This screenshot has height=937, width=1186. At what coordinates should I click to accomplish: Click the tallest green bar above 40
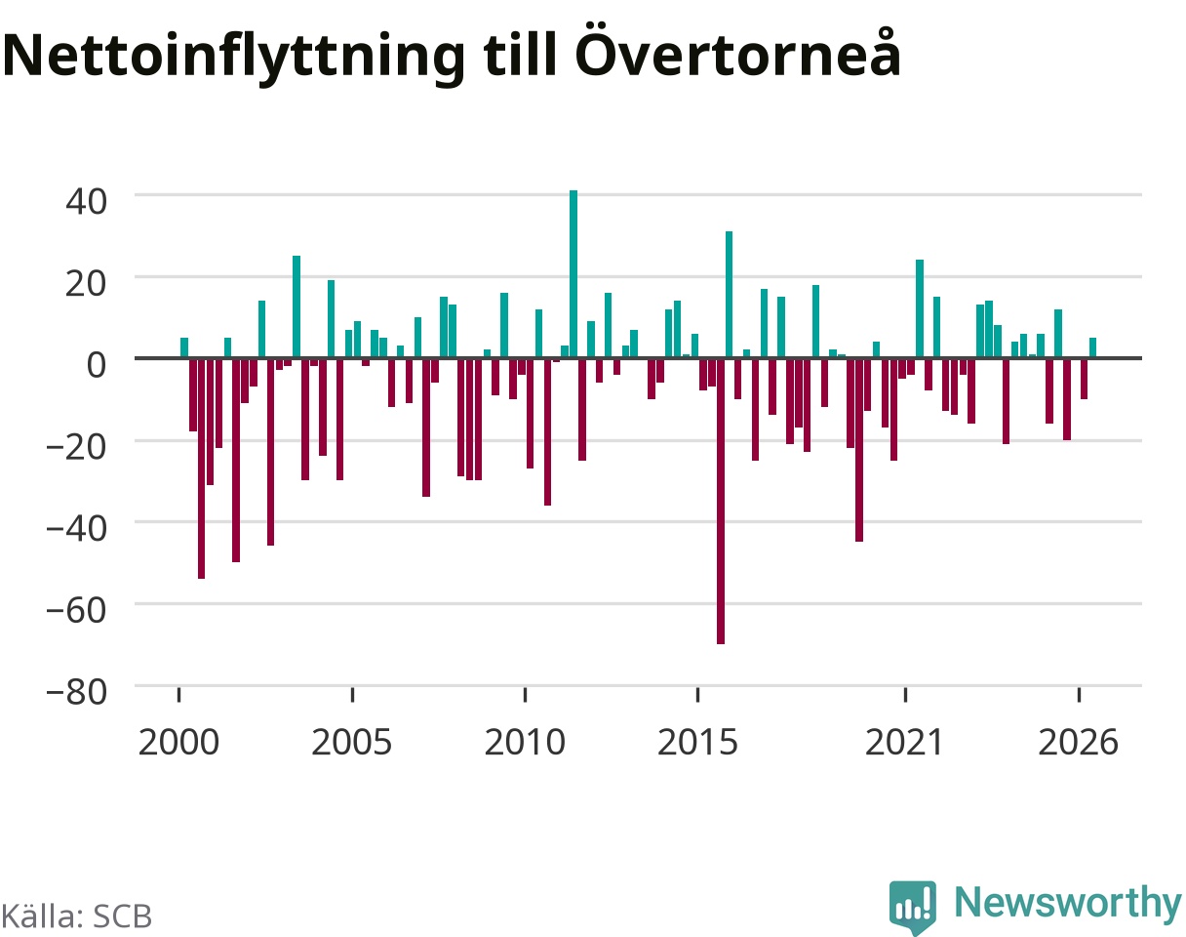[573, 274]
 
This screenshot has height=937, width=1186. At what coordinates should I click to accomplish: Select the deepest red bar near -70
[721, 501]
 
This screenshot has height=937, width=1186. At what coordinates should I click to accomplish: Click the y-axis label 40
[86, 202]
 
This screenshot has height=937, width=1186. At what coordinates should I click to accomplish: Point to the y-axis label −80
[76, 693]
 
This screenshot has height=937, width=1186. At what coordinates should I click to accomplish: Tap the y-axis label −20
[76, 447]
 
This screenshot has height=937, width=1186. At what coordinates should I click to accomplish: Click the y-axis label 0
[97, 365]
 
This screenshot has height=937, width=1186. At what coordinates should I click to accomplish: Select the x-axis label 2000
[178, 743]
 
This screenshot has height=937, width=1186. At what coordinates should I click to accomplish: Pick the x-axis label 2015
[697, 743]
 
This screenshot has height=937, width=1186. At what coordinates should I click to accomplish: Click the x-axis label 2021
[905, 743]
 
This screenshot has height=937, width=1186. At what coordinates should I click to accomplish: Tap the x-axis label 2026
[1079, 743]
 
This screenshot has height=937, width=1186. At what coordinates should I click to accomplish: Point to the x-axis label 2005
[352, 743]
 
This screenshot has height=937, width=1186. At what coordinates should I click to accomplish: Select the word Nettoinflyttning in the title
[234, 58]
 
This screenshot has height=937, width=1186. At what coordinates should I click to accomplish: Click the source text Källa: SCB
[76, 917]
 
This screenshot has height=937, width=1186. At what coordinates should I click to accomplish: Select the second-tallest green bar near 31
[730, 295]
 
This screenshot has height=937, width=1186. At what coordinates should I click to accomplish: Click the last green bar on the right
[1093, 348]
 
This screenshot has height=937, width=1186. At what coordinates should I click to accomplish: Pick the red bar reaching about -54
[201, 468]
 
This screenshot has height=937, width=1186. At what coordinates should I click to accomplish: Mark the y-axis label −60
[76, 611]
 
